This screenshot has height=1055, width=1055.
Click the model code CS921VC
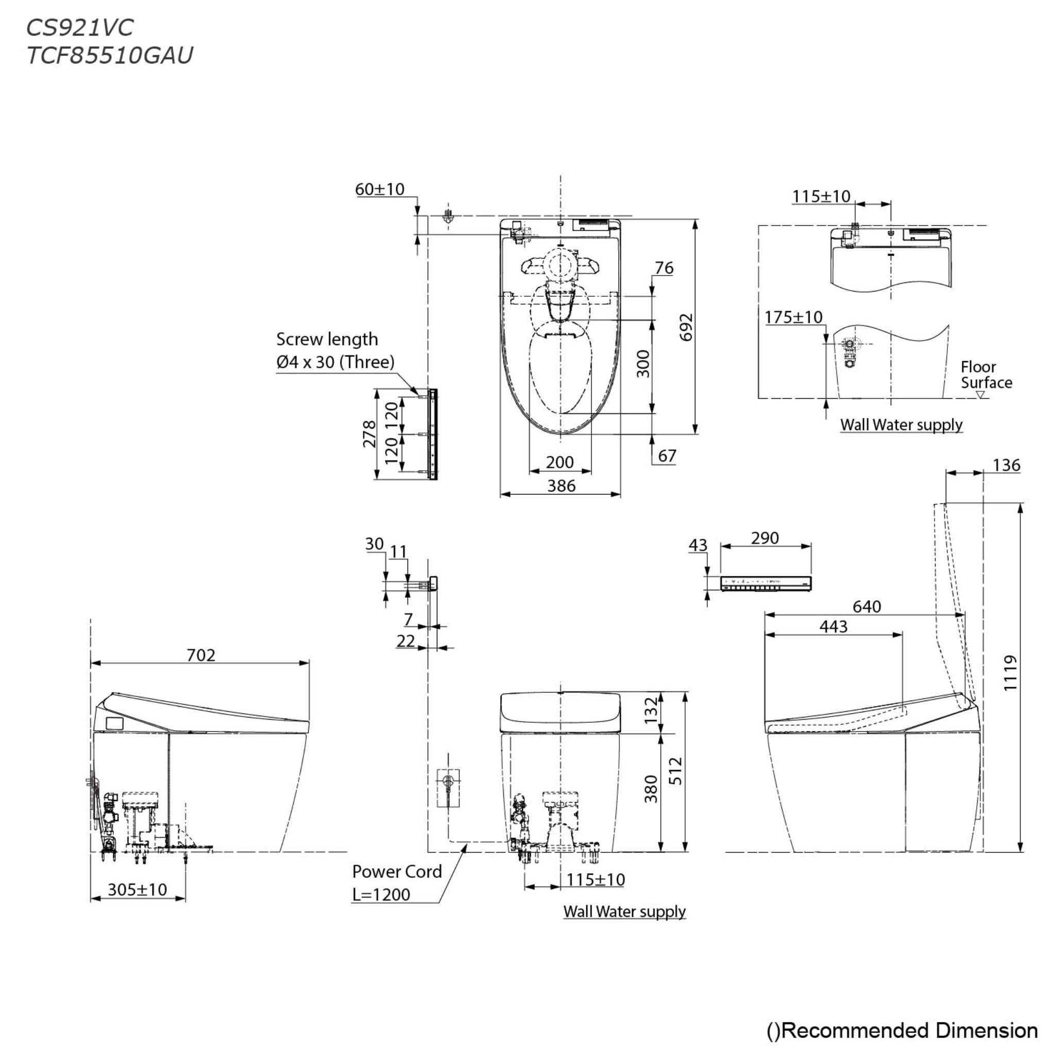(80, 27)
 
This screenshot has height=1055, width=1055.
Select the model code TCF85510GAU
(110, 55)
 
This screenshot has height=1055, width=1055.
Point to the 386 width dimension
(561, 485)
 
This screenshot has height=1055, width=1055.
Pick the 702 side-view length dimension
(201, 655)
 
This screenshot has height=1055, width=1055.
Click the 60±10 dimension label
(380, 189)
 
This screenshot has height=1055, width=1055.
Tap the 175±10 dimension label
(793, 317)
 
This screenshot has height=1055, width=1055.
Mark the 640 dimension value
(866, 606)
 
